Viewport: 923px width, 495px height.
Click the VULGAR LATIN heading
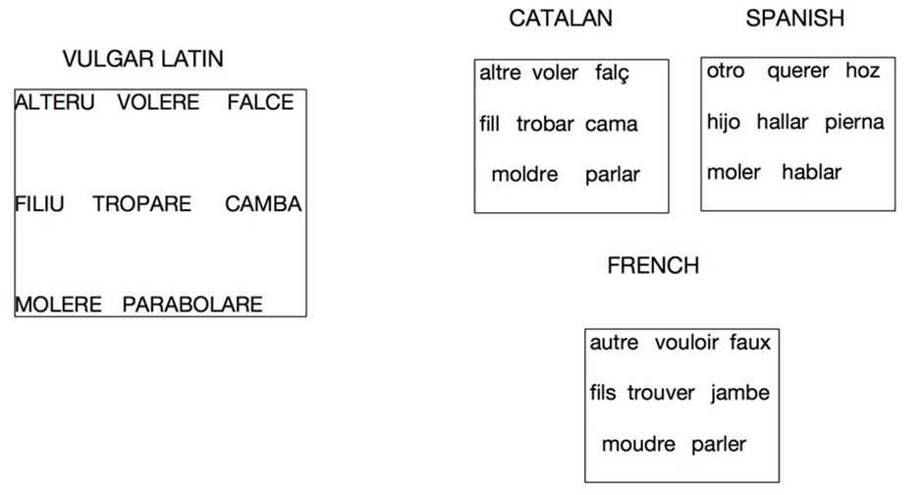142,59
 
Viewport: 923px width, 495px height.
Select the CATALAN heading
561,18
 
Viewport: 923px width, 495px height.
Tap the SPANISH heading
794,18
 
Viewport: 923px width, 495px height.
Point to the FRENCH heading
653,265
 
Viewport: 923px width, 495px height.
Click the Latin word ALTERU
55,102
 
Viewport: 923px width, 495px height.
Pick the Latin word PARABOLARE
192,304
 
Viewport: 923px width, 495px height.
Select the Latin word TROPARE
142,204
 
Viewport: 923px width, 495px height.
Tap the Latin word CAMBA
263,204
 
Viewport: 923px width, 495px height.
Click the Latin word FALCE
260,102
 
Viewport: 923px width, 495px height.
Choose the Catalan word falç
612,74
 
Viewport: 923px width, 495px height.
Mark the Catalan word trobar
545,125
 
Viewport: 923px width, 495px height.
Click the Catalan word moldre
524,175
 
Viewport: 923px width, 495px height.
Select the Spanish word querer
798,71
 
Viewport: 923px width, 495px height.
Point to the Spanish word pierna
854,122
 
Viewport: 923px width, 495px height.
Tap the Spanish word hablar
812,172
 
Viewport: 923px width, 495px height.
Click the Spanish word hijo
724,122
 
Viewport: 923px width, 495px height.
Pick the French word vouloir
686,343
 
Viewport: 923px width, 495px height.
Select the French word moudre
638,444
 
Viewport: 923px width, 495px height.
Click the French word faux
750,343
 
